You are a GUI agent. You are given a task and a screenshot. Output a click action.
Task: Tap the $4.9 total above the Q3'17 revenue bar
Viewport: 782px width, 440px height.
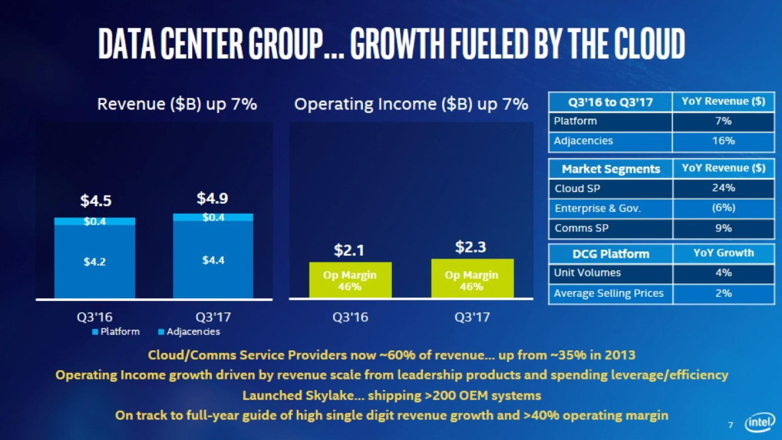(212, 198)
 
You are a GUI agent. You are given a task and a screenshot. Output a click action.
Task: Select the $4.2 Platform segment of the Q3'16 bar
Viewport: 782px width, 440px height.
(94, 261)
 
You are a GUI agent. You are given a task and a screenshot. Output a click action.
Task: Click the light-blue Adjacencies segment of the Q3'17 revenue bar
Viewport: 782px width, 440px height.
(213, 217)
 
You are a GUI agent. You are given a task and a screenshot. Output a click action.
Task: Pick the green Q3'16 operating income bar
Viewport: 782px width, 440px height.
(350, 280)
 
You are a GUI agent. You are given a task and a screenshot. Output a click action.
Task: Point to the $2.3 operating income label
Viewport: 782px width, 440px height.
(472, 248)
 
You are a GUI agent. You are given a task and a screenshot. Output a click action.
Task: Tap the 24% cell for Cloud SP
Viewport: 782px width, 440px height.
(723, 188)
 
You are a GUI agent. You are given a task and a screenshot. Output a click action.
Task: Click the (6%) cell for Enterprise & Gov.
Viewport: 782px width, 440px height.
(723, 208)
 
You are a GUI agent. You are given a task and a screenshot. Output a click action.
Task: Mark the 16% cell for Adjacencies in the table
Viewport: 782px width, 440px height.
(723, 141)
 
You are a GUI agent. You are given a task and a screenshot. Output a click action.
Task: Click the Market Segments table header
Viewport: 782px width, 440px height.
(610, 169)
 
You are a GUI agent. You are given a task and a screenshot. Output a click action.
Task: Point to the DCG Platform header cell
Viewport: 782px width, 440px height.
(610, 253)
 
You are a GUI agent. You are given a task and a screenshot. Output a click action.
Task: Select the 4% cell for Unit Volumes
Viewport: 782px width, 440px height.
(723, 272)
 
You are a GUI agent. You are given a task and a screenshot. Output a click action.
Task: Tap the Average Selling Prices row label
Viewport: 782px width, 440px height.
(608, 293)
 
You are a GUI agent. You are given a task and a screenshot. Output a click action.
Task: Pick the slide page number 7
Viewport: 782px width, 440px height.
(731, 424)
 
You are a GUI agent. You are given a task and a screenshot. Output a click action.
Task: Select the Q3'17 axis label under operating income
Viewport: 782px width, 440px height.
(472, 317)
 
